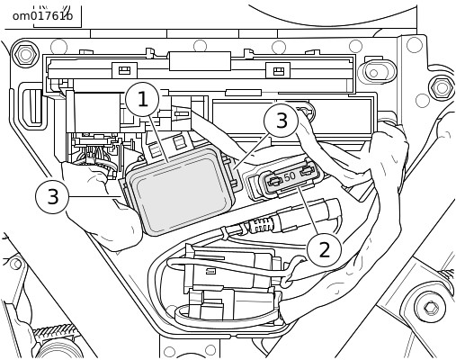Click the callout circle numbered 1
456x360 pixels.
tap(143, 99)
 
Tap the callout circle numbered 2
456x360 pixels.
tap(324, 249)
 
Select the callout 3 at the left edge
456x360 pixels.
tap(53, 196)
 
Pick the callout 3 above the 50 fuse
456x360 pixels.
tap(282, 121)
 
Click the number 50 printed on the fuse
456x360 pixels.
tap(290, 176)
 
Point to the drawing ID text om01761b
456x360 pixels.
tap(42, 15)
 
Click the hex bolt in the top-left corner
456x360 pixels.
tap(25, 54)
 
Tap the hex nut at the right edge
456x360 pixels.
tap(442, 88)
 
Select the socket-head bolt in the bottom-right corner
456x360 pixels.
tap(431, 307)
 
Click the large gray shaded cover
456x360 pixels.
tap(181, 191)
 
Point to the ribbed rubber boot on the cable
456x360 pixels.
tap(262, 226)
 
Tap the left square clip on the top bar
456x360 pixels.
tap(124, 70)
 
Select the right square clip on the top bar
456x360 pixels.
tap(278, 70)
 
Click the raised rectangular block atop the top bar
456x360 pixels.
tap(200, 61)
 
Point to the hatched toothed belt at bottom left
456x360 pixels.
tap(55, 330)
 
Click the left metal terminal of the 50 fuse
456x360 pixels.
tap(275, 181)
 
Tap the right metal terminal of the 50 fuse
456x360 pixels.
tap(308, 171)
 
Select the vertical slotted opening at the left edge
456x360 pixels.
tap(34, 106)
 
